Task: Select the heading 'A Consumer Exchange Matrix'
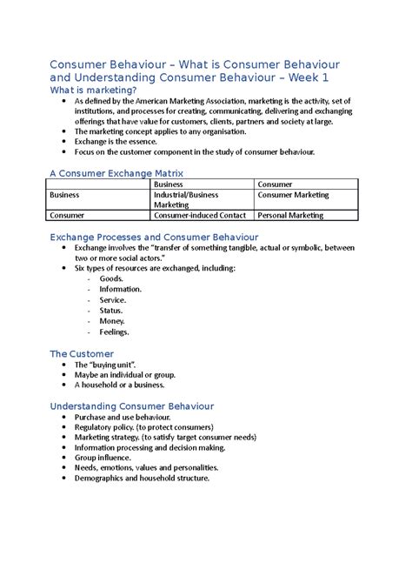pos(116,173)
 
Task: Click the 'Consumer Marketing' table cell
pos(293,196)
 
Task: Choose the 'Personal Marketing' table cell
pos(291,215)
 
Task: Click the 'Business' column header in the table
pos(169,184)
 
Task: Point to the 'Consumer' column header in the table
pos(275,184)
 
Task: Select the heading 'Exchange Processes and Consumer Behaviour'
pos(154,237)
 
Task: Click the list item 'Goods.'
pos(112,278)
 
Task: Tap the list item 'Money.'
pos(113,321)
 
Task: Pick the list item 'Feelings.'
pos(115,332)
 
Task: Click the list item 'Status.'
pos(112,311)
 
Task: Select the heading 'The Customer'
pos(82,353)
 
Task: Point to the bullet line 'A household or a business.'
pos(119,385)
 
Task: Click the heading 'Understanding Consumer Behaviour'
pos(132,406)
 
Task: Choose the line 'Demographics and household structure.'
pos(143,478)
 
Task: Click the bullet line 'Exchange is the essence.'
pos(116,141)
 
